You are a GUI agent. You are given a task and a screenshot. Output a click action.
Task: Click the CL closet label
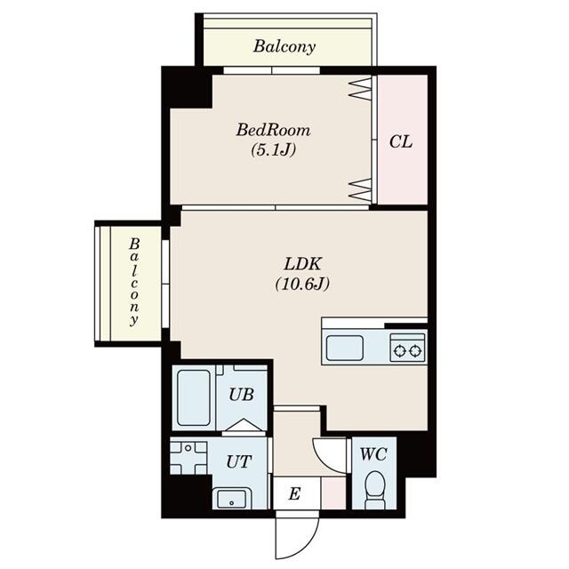coord(401,142)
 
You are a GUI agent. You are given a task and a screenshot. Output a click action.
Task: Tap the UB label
coord(239,394)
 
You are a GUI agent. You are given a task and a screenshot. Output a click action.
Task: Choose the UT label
coord(237,461)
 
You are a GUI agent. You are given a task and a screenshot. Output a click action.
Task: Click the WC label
coord(373,453)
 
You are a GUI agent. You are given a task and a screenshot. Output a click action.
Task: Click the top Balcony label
coord(284,46)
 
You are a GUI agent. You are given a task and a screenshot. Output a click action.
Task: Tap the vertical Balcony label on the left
coord(134,282)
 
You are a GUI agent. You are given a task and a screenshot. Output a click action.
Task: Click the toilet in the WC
coord(374,489)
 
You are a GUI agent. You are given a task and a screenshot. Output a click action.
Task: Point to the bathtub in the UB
coord(193,397)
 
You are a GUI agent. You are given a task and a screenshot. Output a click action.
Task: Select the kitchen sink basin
coord(344,347)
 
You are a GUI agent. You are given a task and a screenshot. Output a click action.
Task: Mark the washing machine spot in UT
coord(188,459)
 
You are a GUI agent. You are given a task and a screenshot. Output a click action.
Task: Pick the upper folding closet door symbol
coord(358,87)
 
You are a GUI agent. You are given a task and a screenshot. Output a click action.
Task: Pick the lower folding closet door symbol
coord(358,188)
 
